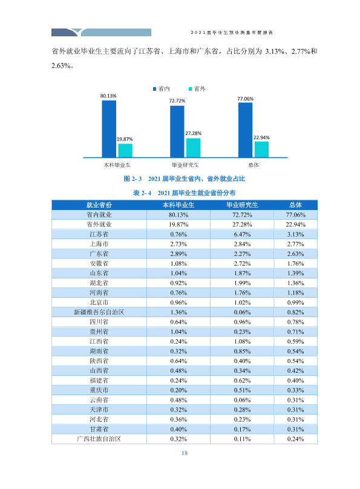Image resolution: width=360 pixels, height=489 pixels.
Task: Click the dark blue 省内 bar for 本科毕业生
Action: pyautogui.click(x=109, y=129)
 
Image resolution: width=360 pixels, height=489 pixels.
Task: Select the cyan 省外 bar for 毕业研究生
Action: pyautogui.click(x=193, y=148)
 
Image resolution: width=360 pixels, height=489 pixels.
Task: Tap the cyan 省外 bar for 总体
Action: pyautogui.click(x=261, y=149)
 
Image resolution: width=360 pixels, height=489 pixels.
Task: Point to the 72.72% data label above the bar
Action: pyautogui.click(x=177, y=100)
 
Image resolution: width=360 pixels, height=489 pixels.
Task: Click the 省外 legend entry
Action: pyautogui.click(x=197, y=89)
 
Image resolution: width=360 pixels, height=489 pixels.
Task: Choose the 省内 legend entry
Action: pyautogui.click(x=162, y=89)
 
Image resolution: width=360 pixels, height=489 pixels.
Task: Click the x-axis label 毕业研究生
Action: pyautogui.click(x=185, y=165)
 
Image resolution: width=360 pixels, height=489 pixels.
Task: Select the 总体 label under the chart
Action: pyautogui.click(x=254, y=165)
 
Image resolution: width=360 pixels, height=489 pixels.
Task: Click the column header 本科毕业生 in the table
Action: pyautogui.click(x=178, y=205)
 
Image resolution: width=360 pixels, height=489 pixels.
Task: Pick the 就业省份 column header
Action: pyautogui.click(x=99, y=205)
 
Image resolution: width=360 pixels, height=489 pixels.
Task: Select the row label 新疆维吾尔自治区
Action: pyautogui.click(x=99, y=312)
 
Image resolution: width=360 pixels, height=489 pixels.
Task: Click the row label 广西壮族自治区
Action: pyautogui.click(x=99, y=439)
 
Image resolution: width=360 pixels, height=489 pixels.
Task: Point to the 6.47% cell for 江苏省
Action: pyautogui.click(x=242, y=234)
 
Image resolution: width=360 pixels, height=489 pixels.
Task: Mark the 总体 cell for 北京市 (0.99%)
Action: pyautogui.click(x=295, y=303)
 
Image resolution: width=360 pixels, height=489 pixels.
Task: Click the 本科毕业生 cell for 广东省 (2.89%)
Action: pyautogui.click(x=178, y=254)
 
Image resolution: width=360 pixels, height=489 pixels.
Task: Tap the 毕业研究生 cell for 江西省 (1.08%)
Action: pyautogui.click(x=242, y=341)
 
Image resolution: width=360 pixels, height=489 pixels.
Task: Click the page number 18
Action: pyautogui.click(x=185, y=453)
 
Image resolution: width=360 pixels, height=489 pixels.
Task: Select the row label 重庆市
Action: pyautogui.click(x=99, y=390)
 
